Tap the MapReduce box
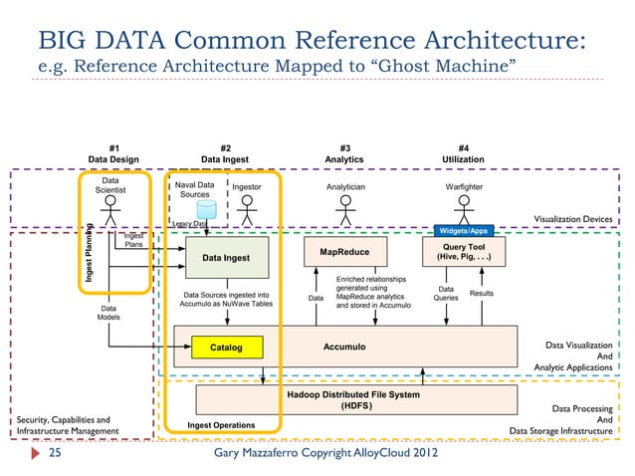(344, 253)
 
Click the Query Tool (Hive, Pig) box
(464, 252)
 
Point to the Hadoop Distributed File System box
(352, 400)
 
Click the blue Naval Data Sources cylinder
(206, 211)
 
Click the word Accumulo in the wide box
(345, 347)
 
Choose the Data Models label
(108, 314)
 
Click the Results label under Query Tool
(482, 294)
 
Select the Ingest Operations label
(220, 425)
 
